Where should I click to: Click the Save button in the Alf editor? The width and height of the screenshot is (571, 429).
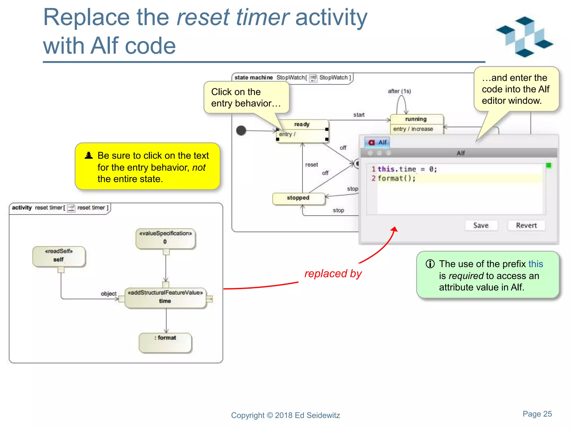(481, 225)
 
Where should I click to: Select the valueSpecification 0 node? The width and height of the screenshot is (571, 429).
(165, 238)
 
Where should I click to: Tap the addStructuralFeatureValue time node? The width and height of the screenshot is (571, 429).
(165, 298)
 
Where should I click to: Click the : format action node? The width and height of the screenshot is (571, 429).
(165, 342)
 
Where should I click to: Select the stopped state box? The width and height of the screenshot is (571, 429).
(298, 198)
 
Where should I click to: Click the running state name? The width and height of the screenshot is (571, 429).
(416, 119)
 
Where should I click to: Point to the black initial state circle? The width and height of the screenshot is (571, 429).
(241, 130)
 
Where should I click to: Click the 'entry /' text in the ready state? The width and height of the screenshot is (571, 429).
(287, 134)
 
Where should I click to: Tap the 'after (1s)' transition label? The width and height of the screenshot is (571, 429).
(399, 91)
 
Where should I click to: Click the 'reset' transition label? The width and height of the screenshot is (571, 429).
(311, 165)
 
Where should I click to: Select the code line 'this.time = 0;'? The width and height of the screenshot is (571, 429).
(407, 169)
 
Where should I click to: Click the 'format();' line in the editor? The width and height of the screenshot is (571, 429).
(396, 178)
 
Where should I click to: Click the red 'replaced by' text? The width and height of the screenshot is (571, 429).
(333, 274)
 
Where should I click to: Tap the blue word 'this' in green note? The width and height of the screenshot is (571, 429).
(536, 264)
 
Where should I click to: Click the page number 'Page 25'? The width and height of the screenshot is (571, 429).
(537, 414)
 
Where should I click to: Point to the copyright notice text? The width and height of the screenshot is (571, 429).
(285, 415)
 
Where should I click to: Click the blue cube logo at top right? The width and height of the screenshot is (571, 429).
(524, 36)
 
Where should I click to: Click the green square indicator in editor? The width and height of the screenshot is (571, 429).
(548, 166)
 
